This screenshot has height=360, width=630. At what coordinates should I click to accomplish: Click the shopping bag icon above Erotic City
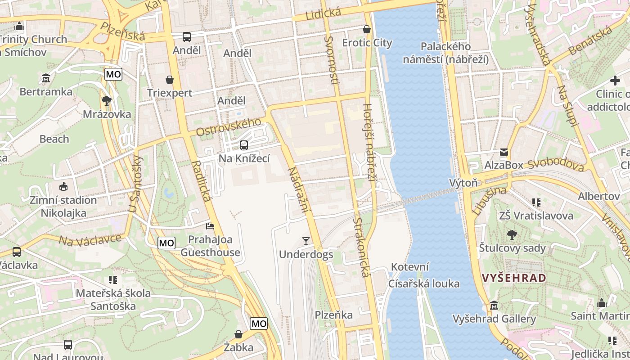click(x=367, y=29)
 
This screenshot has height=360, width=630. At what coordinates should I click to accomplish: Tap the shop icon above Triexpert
click(x=170, y=80)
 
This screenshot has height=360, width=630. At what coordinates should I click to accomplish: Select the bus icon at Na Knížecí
click(x=243, y=145)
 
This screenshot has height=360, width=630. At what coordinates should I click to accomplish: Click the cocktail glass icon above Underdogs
click(x=306, y=241)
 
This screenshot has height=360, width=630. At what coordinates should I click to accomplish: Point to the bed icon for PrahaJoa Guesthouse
click(x=210, y=226)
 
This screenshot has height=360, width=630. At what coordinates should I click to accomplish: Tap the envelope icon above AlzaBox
click(x=504, y=152)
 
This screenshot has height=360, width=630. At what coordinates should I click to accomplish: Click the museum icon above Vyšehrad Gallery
click(x=494, y=306)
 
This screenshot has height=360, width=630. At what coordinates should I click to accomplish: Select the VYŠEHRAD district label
click(x=514, y=278)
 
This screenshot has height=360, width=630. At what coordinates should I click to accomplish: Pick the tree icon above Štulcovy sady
click(x=512, y=234)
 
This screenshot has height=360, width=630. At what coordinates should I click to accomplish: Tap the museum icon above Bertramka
click(x=45, y=78)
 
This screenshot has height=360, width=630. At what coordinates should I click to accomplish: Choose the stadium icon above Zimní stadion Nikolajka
click(x=63, y=186)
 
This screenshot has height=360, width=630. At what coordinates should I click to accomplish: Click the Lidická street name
click(x=323, y=13)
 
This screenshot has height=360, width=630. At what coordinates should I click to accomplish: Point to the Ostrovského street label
click(x=229, y=127)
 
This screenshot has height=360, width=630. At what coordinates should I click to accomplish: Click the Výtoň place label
click(x=463, y=183)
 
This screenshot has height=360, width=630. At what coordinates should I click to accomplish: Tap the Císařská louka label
click(x=424, y=283)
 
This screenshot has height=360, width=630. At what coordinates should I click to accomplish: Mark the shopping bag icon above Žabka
click(x=238, y=334)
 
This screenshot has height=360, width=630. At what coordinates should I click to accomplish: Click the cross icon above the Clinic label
click(x=615, y=81)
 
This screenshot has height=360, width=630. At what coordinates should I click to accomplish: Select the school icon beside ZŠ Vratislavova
click(x=536, y=202)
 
